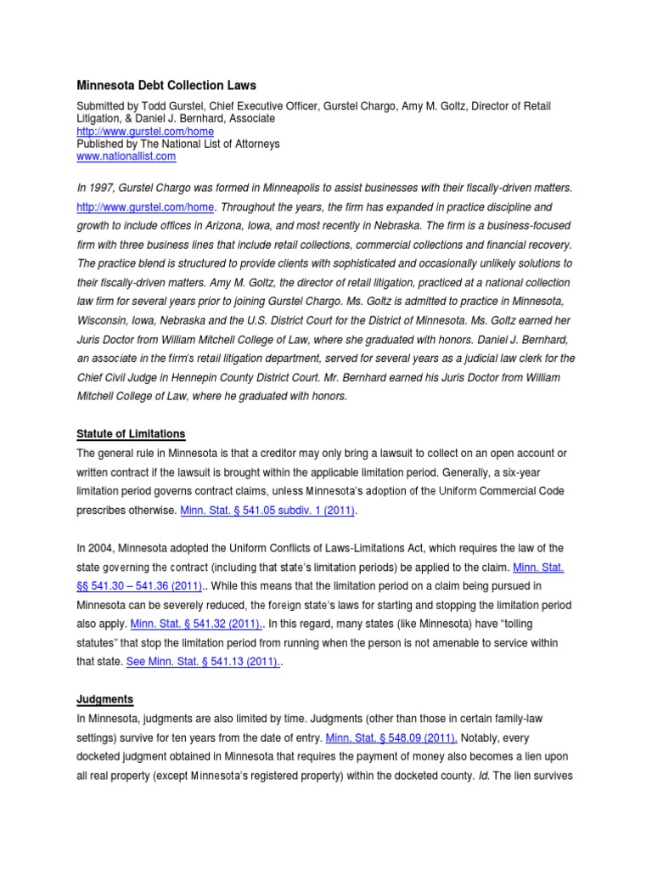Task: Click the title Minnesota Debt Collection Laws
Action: coord(166,86)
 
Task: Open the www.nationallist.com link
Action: coord(126,156)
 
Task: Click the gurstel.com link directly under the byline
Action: coord(145,132)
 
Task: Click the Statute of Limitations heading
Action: coord(131,434)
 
